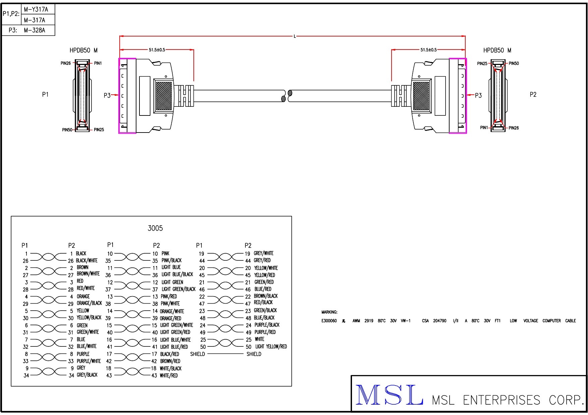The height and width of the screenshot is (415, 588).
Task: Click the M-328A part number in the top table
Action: (34, 30)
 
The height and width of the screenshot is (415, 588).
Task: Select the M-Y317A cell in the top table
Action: (36, 9)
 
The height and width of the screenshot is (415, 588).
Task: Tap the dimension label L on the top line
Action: (295, 36)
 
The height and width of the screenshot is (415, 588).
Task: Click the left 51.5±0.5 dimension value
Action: (157, 50)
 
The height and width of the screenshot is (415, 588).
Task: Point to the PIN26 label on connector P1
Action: (66, 63)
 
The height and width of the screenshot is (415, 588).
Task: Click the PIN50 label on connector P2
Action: (514, 63)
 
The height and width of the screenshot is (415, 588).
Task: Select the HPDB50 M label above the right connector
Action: (497, 50)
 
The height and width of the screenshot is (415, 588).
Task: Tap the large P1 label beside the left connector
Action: (45, 94)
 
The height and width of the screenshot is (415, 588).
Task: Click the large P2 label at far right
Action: (533, 94)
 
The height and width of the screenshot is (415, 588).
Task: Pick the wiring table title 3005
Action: (155, 228)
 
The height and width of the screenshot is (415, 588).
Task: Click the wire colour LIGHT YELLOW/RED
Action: (271, 347)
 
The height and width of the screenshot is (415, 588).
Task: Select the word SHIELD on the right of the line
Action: (254, 354)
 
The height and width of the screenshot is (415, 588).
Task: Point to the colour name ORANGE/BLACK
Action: (89, 303)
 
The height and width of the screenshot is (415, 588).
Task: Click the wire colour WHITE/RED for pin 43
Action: (169, 376)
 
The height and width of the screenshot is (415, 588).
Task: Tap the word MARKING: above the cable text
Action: (329, 312)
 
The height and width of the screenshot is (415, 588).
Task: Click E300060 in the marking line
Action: (329, 321)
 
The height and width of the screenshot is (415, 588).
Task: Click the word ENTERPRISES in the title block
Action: (502, 400)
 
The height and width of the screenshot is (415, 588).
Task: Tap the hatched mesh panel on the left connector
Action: (164, 96)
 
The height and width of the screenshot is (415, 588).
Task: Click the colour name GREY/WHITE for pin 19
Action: (263, 253)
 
